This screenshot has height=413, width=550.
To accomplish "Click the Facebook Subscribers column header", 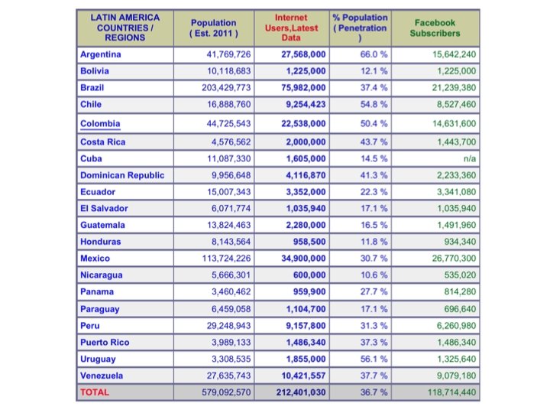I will tap(435, 28).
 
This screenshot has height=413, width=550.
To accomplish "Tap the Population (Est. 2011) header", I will tap(214, 28).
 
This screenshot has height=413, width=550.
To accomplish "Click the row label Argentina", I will tap(101, 54).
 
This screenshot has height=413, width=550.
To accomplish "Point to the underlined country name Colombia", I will tap(101, 123).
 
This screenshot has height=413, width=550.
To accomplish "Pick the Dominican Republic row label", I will tap(122, 175).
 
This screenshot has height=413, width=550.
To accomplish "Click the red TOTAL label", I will tap(95, 392).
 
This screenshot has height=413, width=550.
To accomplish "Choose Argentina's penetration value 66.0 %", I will tap(373, 54).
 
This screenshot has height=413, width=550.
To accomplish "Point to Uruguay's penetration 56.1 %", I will tap(373, 359).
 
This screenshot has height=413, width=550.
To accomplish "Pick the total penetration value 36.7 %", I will tap(373, 392).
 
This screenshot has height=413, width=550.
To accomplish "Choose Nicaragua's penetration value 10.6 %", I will tap(373, 275).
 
